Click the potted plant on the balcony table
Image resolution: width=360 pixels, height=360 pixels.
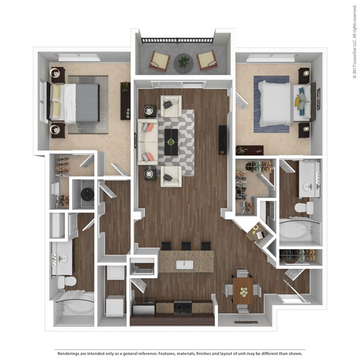coord(184,62)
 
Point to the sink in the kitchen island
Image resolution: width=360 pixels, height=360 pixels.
coord(185,264)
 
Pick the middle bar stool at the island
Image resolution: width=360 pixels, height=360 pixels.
coord(186,246)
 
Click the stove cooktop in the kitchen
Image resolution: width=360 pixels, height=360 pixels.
coord(183,307)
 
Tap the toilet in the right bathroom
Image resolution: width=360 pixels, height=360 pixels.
coord(304,209)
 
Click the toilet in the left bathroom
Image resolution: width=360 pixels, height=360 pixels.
coord(67,281)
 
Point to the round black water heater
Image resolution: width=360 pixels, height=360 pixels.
coord(87,195)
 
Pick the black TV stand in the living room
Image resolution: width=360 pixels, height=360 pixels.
coord(223,139)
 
